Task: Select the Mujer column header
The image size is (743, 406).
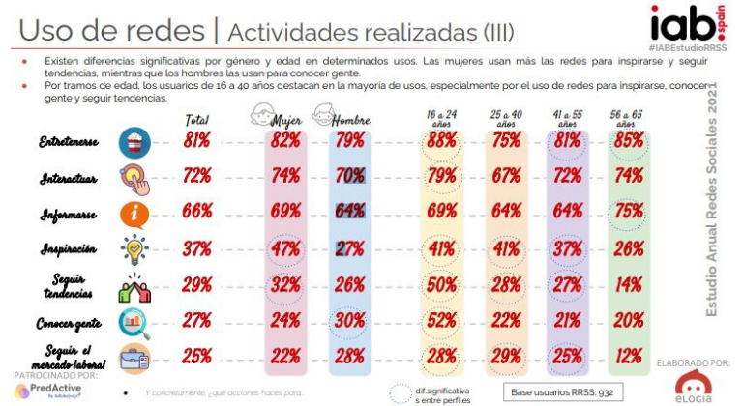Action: (285, 119)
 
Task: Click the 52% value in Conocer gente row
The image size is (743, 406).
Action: (442, 321)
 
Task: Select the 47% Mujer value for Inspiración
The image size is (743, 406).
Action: (283, 248)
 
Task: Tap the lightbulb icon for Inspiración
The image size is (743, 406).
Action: (134, 249)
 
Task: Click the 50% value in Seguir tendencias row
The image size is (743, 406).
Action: (442, 285)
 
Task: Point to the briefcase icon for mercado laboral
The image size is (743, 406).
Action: (134, 357)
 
